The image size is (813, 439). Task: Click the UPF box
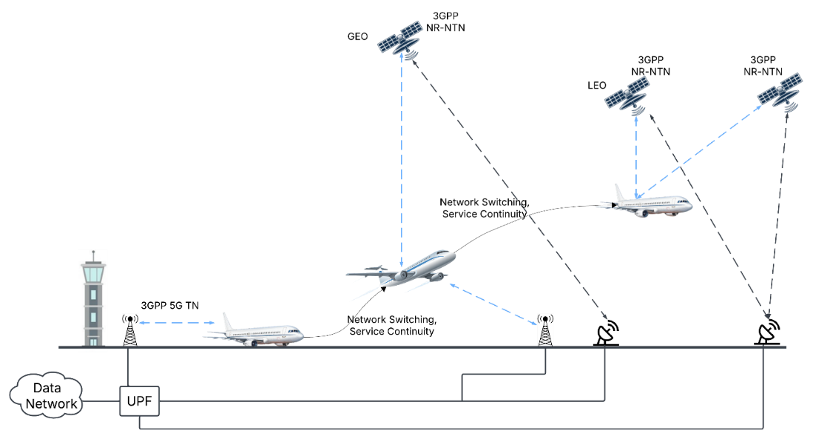tap(139, 401)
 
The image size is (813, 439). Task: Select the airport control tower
tap(92, 300)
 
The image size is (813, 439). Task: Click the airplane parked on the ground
tap(255, 335)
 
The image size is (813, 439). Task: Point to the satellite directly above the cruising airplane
tap(627, 94)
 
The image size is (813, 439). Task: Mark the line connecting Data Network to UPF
tap(101, 401)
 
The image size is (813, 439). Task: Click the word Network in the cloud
tap(51, 404)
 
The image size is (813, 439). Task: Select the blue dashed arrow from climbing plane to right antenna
tap(493, 304)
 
